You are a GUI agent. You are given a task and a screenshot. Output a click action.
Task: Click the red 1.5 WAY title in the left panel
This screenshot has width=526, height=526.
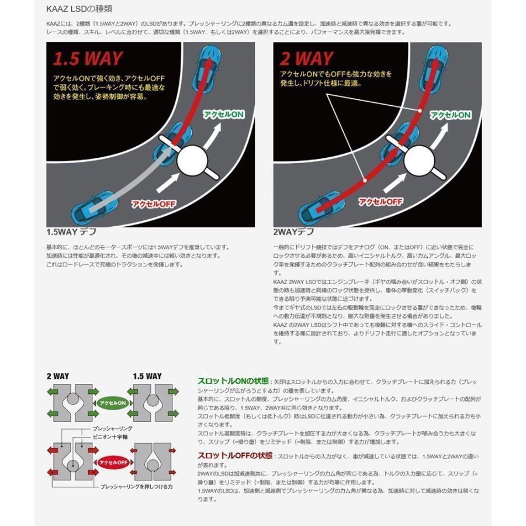coord(88,58)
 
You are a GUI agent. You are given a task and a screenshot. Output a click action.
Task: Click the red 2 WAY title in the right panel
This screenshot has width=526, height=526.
coord(307,58)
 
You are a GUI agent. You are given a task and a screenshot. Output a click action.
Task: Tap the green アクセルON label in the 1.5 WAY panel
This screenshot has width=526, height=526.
coord(223,115)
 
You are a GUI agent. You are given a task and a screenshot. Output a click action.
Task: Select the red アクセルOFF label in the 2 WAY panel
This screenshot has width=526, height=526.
coord(381,202)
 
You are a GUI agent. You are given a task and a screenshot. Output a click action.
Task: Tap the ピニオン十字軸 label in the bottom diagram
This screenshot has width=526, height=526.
coord(108,436)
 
